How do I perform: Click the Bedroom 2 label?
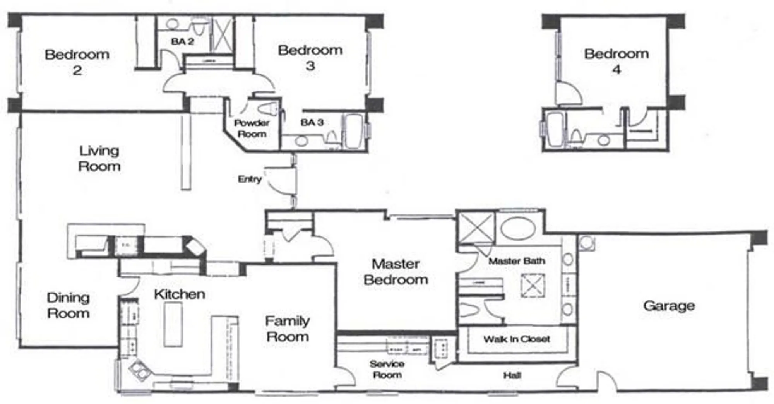(77, 62)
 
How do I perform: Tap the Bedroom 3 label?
(310, 58)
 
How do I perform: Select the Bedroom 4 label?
(616, 61)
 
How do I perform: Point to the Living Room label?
(99, 158)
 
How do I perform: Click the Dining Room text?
(68, 305)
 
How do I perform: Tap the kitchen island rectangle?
(173, 324)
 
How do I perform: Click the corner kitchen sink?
(140, 370)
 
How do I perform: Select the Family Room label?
(287, 329)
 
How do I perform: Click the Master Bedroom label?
(396, 272)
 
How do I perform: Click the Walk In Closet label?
(517, 339)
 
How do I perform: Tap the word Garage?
(669, 306)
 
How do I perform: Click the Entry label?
(250, 179)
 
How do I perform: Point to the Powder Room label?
(252, 128)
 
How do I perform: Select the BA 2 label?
(182, 41)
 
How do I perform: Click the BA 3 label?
(312, 122)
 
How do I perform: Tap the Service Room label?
(387, 369)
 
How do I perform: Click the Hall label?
(512, 375)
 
